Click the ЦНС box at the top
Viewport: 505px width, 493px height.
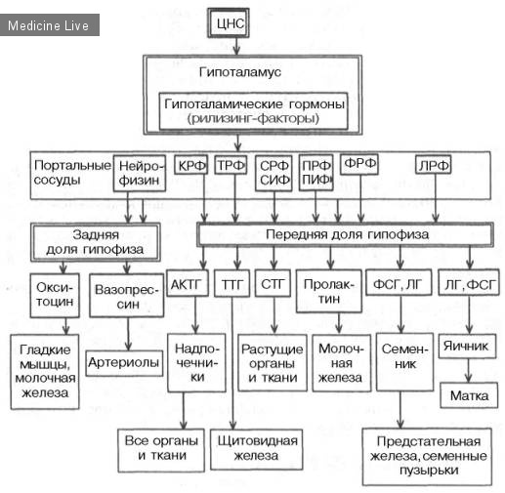[229, 23]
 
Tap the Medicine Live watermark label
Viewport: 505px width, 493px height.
[49, 25]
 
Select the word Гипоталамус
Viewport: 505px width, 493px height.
[240, 72]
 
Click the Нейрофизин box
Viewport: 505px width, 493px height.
[140, 173]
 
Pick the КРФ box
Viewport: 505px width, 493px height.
[191, 165]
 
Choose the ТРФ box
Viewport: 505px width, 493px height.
[231, 165]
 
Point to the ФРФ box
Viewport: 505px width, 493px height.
[359, 164]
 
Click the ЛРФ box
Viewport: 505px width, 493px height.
[433, 165]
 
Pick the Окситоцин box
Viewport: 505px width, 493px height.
[55, 295]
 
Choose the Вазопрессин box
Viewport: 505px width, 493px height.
[126, 296]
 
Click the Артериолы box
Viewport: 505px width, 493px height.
[124, 363]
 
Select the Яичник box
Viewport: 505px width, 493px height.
[467, 347]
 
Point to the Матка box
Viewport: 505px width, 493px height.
[469, 395]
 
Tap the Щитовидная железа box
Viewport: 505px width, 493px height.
[257, 449]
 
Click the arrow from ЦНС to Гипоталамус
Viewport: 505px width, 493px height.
[236, 46]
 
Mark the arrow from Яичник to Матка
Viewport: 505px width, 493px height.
[468, 371]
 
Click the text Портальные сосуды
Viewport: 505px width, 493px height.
[72, 173]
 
